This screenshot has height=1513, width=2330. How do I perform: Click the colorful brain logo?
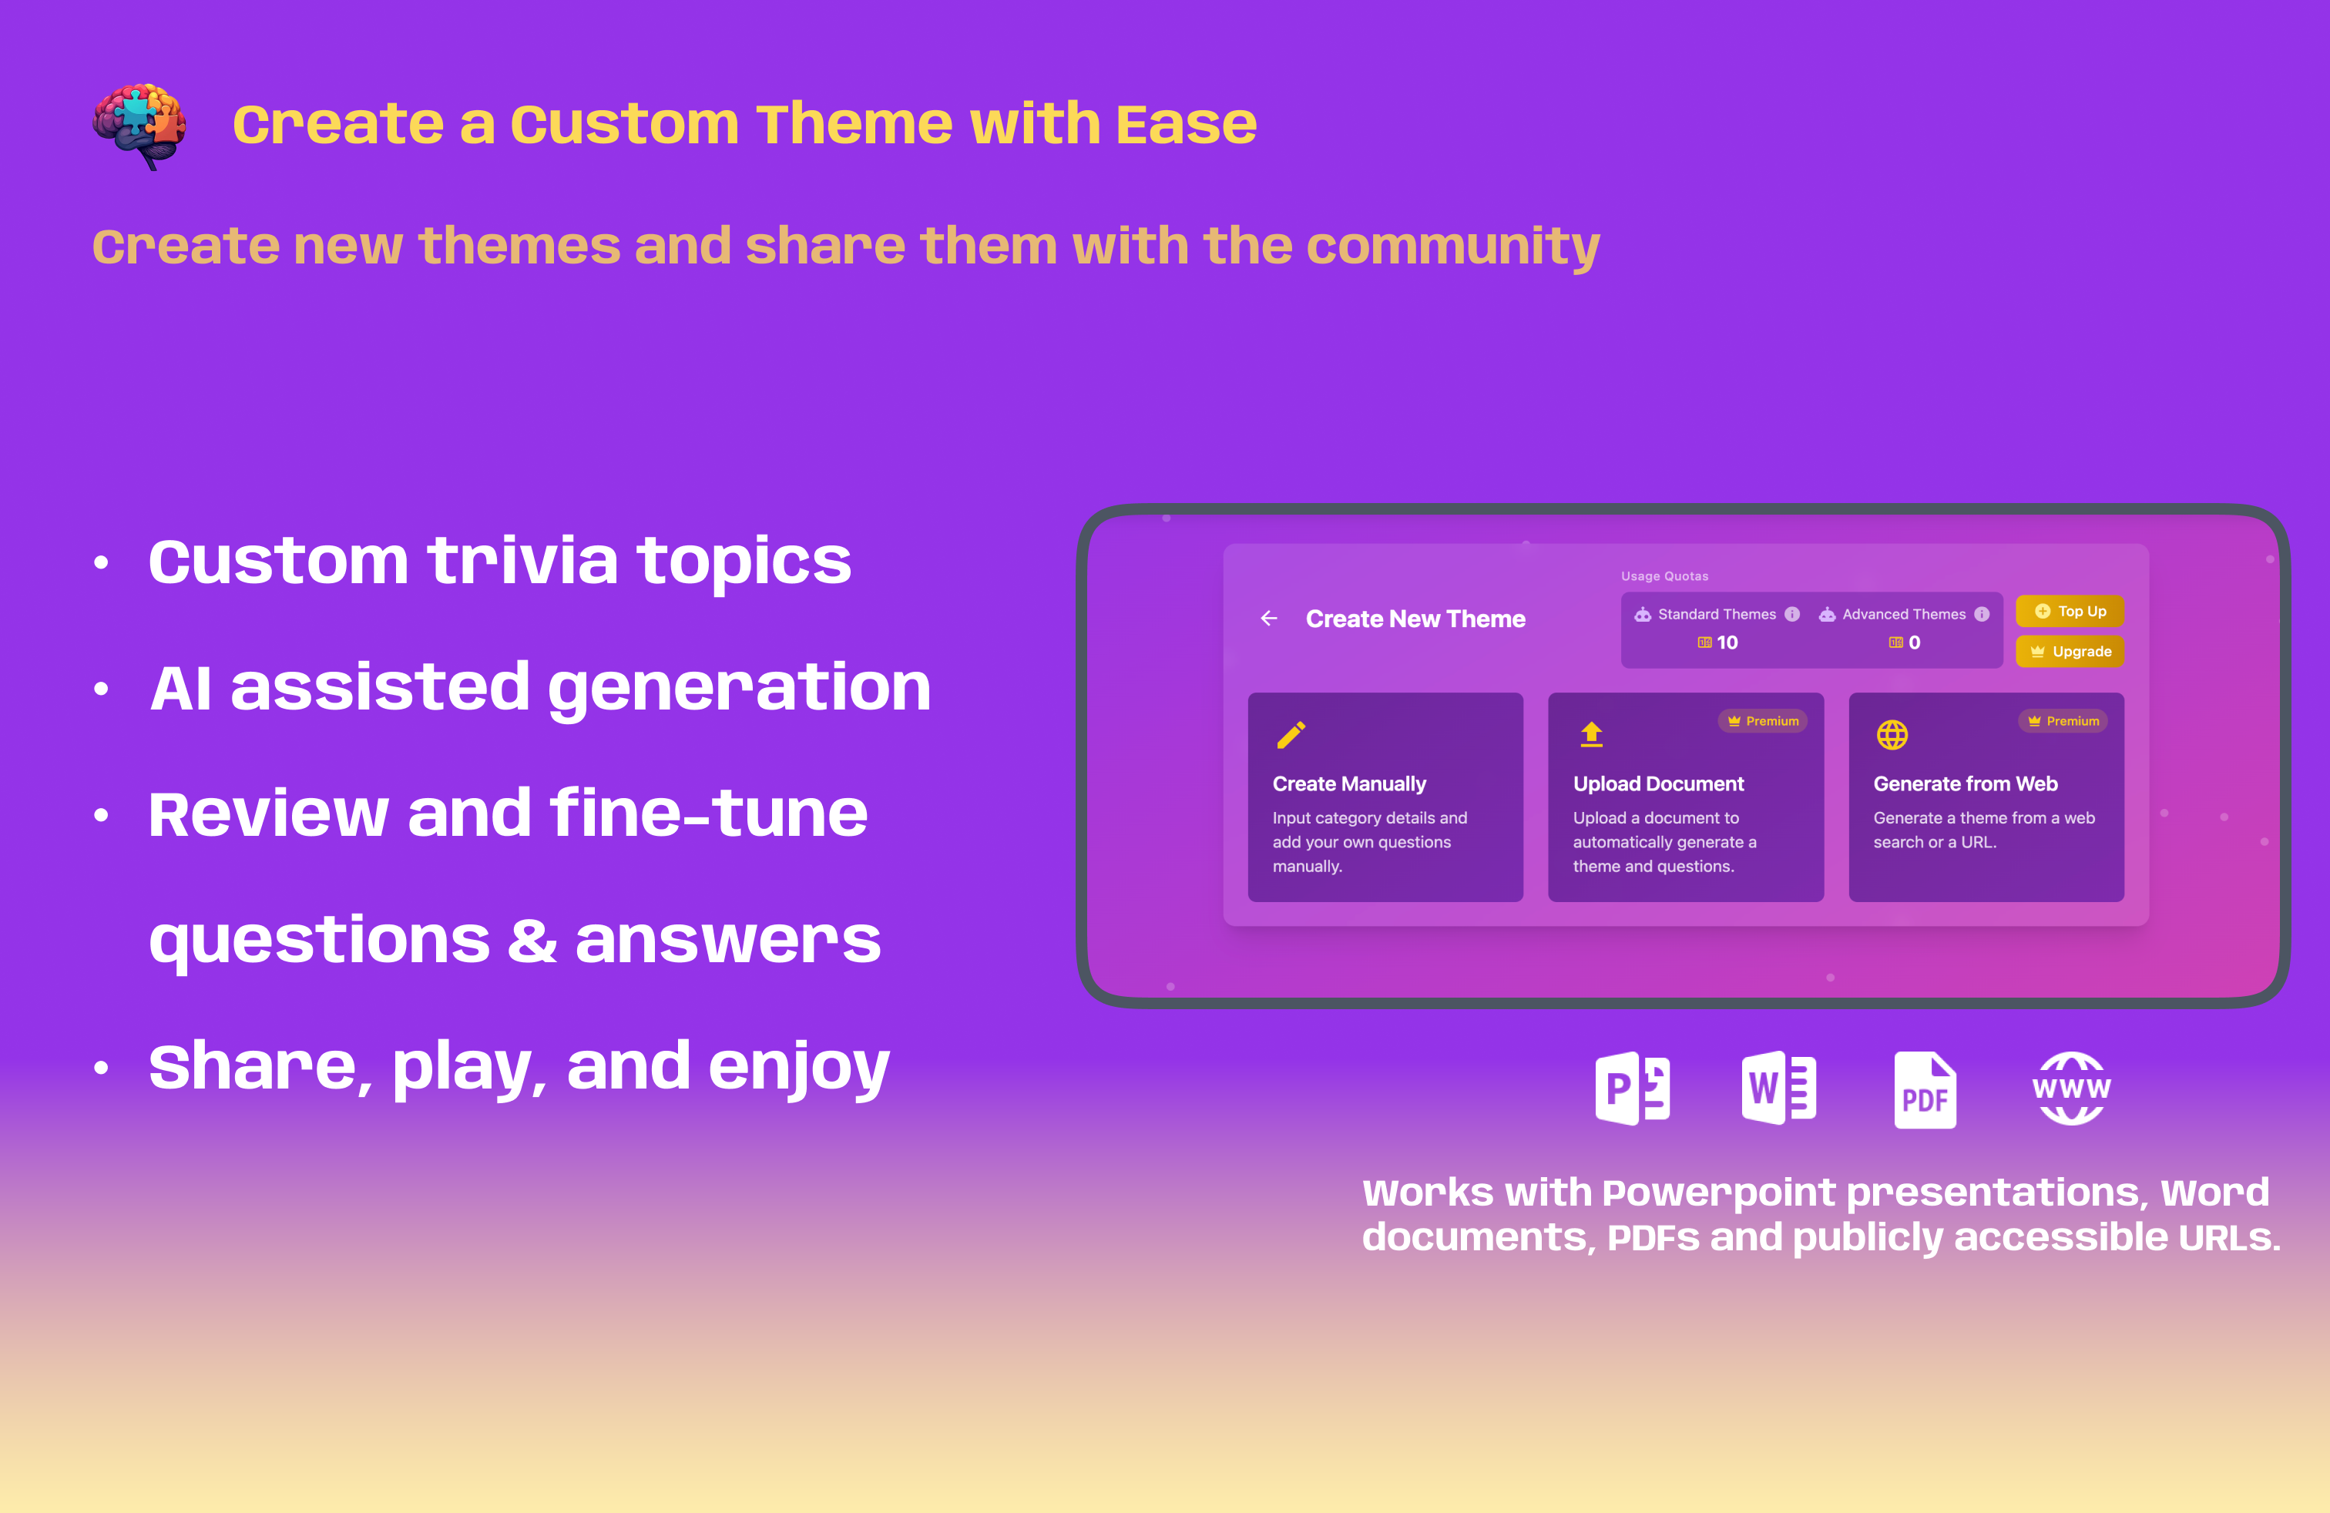(x=139, y=126)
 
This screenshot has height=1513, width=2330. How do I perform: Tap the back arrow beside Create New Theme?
(x=1269, y=619)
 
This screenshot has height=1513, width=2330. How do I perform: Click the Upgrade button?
(x=2070, y=652)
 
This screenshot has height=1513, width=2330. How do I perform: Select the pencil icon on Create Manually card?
(x=1291, y=735)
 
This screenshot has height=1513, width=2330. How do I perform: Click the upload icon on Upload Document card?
(x=1592, y=734)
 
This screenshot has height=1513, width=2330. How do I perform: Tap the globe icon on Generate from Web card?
(x=1892, y=734)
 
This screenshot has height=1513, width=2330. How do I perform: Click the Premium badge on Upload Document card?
(x=1763, y=721)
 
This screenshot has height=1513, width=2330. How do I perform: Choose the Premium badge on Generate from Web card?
(x=2063, y=721)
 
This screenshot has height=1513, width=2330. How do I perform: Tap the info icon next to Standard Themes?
(x=1792, y=615)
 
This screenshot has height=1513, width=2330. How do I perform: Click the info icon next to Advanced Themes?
(x=1983, y=615)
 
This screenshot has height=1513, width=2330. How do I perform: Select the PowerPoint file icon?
(x=1632, y=1089)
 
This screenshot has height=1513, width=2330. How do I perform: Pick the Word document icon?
(x=1779, y=1089)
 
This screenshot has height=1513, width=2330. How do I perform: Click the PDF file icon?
(x=1925, y=1089)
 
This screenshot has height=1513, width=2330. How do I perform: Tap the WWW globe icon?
(x=2072, y=1089)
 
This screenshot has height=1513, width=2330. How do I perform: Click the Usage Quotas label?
(x=1664, y=576)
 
